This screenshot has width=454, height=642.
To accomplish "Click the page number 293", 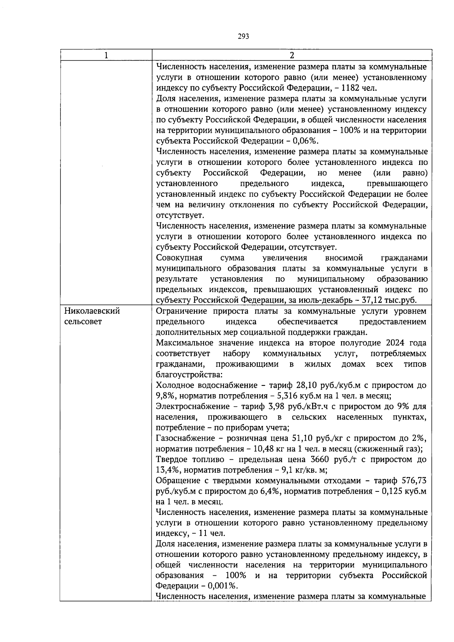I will [x=243, y=36].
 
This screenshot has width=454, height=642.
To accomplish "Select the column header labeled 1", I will [x=106, y=55].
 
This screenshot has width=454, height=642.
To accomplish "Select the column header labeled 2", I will [x=292, y=55].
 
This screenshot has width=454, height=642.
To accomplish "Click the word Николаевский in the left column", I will [x=92, y=311].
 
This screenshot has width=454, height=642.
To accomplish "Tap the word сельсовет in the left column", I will [x=83, y=322].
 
